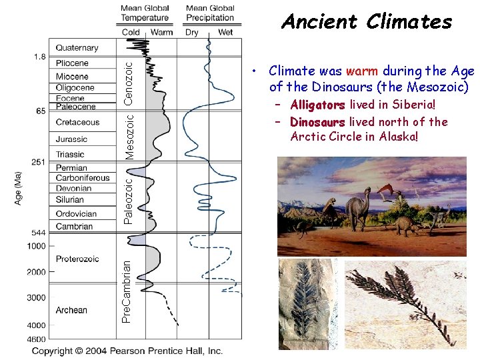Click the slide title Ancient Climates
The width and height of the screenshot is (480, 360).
tap(367, 22)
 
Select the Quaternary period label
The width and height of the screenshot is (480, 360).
tap(77, 48)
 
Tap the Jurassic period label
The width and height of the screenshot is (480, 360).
tap(71, 139)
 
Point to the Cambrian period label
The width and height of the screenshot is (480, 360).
tap(74, 227)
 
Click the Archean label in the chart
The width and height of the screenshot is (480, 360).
tap(71, 310)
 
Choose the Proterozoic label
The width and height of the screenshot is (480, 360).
tap(77, 259)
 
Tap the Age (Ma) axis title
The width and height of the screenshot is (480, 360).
tap(18, 189)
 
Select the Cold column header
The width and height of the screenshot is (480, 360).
tap(131, 32)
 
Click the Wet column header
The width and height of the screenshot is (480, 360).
tap(225, 32)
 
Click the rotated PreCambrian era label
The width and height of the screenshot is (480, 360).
tap(127, 292)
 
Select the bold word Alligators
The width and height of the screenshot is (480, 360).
tap(317, 105)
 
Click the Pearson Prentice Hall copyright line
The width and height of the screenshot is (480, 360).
tap(127, 351)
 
